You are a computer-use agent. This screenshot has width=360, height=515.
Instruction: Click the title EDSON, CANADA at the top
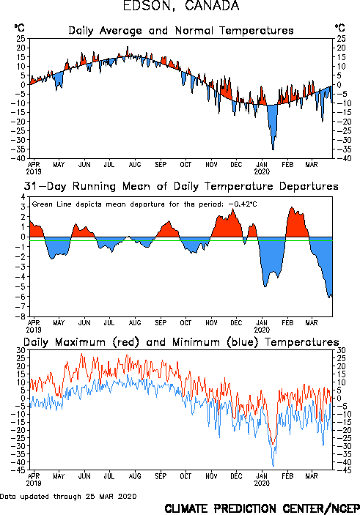(181, 6)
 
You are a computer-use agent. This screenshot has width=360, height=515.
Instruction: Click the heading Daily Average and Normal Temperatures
(181, 31)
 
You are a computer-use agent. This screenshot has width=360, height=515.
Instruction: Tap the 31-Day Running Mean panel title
(181, 187)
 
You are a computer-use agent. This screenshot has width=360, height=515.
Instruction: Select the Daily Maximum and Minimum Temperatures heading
(181, 343)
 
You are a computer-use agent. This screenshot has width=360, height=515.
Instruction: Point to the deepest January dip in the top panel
(273, 149)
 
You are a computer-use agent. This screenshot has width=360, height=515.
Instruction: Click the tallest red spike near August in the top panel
(128, 47)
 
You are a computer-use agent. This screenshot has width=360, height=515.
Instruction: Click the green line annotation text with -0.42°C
(144, 204)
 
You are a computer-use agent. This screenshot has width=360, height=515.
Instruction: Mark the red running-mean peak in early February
(291, 207)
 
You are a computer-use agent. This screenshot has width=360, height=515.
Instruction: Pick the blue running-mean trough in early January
(265, 286)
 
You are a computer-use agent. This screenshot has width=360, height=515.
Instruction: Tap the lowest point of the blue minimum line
(273, 466)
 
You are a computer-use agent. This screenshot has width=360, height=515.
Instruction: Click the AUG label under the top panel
(135, 165)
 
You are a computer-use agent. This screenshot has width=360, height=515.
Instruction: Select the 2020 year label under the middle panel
(262, 330)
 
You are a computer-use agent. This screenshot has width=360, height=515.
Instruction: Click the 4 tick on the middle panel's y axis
(23, 197)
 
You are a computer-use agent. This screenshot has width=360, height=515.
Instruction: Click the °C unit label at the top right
(340, 28)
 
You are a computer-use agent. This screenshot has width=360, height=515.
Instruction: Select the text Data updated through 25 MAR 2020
(68, 496)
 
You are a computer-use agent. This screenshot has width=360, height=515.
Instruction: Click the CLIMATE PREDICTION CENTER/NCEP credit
(262, 508)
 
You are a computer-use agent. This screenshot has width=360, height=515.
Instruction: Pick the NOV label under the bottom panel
(211, 476)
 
